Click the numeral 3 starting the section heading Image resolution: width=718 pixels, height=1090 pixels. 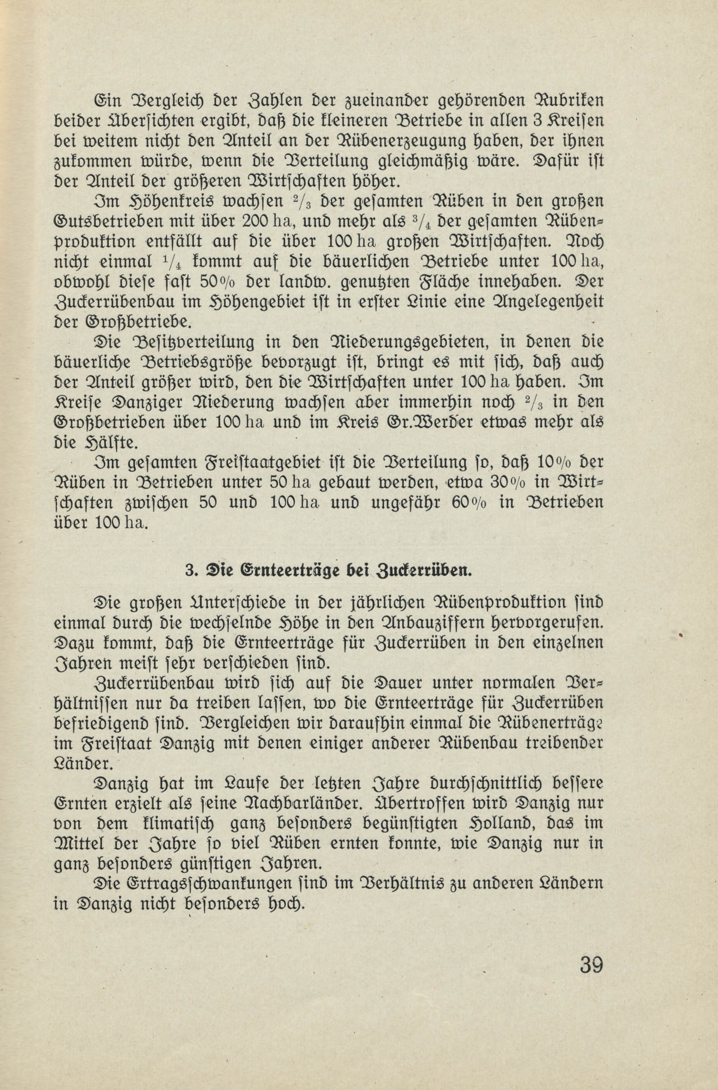coord(189,570)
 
